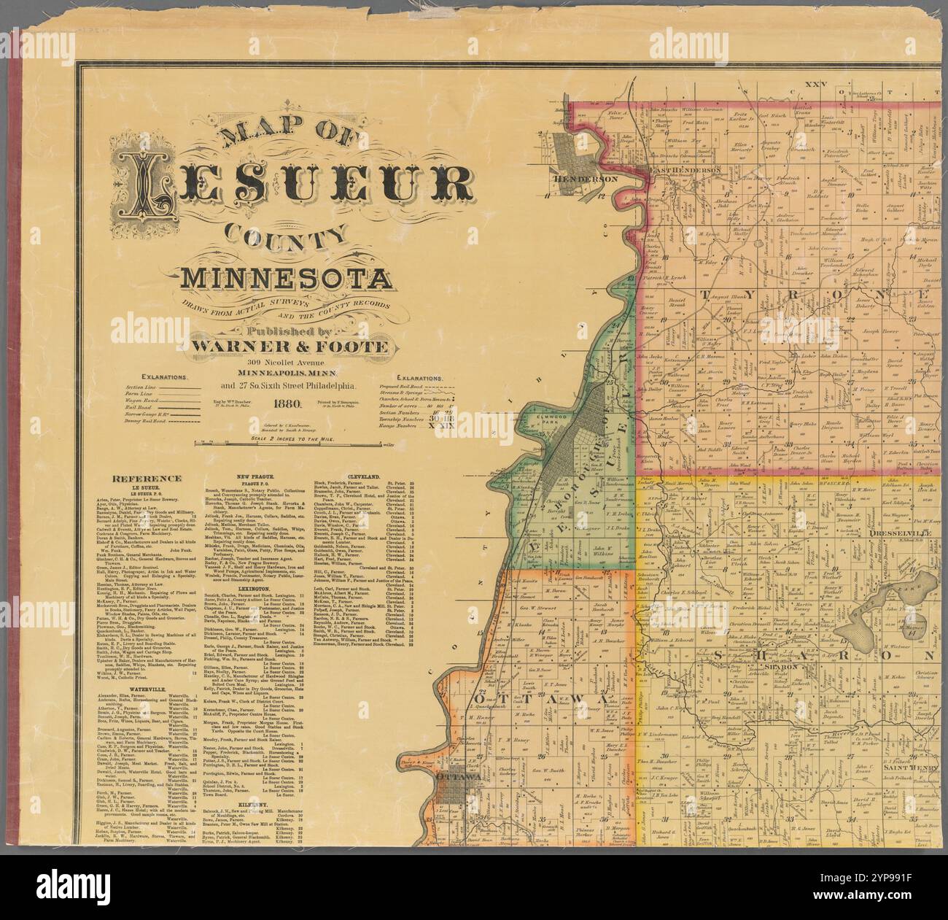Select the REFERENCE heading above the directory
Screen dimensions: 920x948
(x=147, y=478)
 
